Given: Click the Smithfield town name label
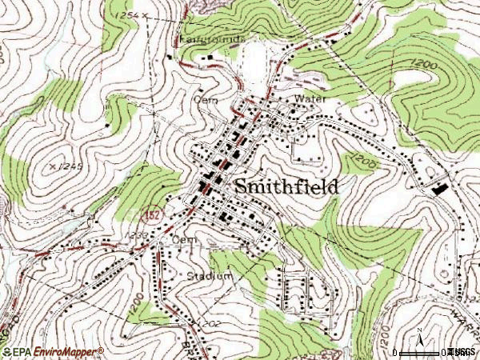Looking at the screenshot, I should pyautogui.click(x=286, y=186).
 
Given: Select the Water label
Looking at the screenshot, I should pyautogui.click(x=311, y=98).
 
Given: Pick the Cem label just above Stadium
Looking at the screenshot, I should pyautogui.click(x=184, y=239).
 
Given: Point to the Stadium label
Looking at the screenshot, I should pyautogui.click(x=210, y=276).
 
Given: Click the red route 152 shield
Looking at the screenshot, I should pyautogui.click(x=149, y=215).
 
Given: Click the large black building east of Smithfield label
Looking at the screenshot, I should pyautogui.click(x=439, y=189).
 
